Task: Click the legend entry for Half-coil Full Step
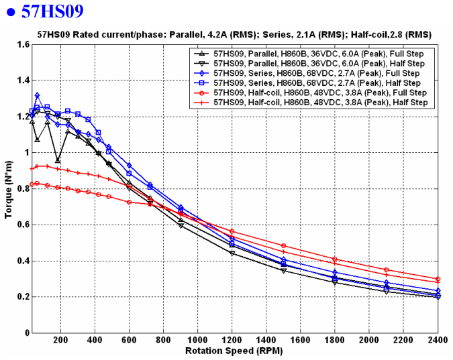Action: pos(319,93)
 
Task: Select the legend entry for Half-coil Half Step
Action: pos(319,103)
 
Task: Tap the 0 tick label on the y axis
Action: pos(25,333)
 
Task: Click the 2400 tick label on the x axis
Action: pos(438,341)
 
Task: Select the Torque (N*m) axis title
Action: pos(8,188)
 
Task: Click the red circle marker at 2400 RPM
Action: pos(438,279)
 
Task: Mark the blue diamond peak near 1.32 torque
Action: pos(37,95)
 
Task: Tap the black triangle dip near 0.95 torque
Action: pos(58,161)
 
